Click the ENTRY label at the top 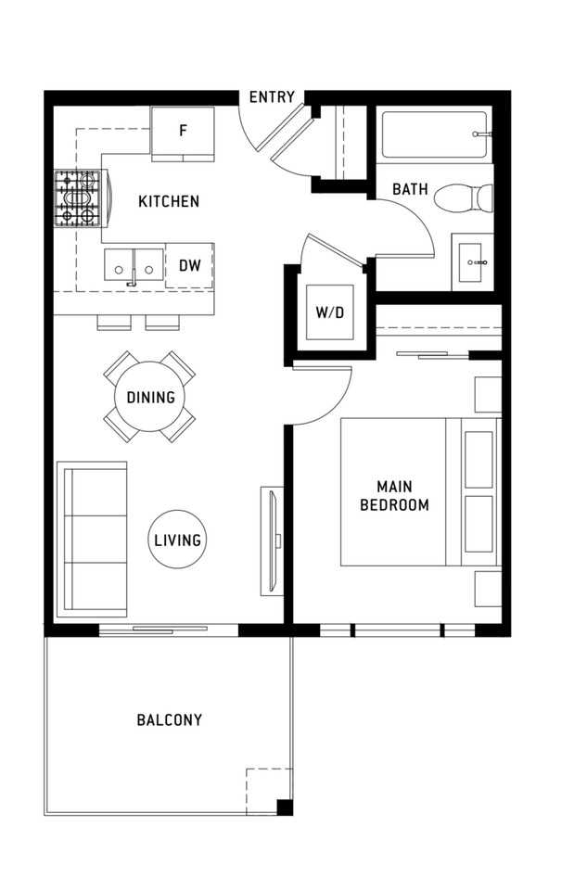(272, 97)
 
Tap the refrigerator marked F (183, 133)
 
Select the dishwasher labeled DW (189, 265)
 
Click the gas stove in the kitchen (77, 198)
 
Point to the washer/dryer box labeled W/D (330, 312)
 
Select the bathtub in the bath (434, 134)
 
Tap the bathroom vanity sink (473, 262)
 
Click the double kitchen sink (134, 265)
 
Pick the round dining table (150, 396)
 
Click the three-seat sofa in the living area (92, 540)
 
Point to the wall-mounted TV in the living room (274, 540)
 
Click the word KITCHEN (169, 201)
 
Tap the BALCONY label (169, 720)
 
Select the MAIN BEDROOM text (394, 495)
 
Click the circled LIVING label (177, 540)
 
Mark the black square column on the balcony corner (285, 807)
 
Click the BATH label (410, 189)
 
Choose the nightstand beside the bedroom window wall (488, 589)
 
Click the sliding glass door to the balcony (169, 629)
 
